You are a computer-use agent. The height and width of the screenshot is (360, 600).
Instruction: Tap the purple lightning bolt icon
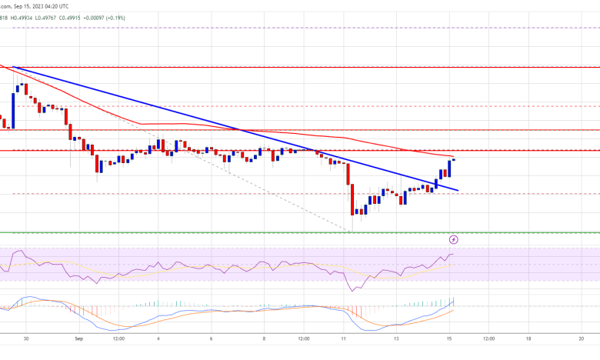pos(454,240)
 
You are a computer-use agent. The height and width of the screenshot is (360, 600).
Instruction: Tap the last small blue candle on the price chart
pos(454,160)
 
